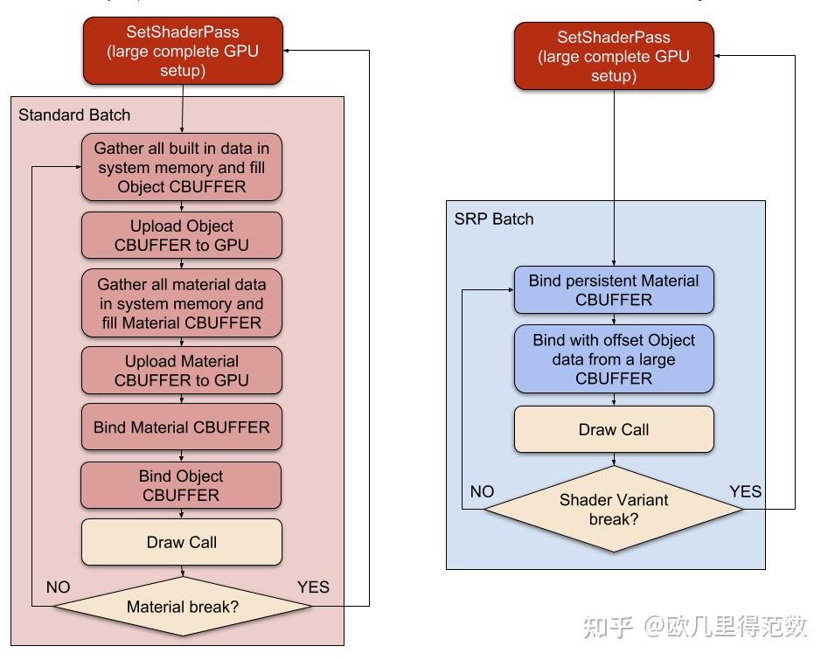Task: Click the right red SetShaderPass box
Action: pos(614,56)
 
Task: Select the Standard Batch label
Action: pos(74,115)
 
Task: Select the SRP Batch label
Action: pos(493,219)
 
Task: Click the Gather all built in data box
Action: pos(182,167)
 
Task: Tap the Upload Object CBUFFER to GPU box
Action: pos(182,235)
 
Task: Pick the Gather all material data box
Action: pos(182,303)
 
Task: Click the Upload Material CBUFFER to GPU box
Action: pos(182,371)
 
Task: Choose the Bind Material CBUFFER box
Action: pos(182,427)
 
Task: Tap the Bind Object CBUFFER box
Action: pos(182,485)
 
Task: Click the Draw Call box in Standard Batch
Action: pos(182,542)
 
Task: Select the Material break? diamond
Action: pos(182,606)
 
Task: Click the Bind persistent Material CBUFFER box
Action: pos(614,290)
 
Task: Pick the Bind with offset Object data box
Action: pos(614,359)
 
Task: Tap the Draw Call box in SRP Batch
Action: pos(614,429)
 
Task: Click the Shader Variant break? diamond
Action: pos(614,509)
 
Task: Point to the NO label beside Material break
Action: pos(58,587)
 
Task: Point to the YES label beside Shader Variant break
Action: pos(745,491)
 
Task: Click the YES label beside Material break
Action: pos(313,587)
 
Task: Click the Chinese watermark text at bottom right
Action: pos(695,626)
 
